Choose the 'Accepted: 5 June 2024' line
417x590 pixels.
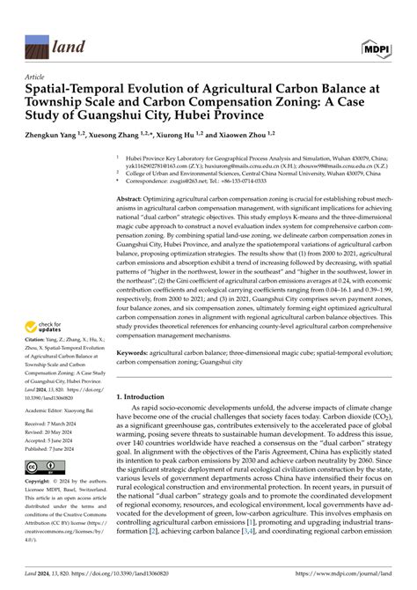(x=54, y=440)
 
